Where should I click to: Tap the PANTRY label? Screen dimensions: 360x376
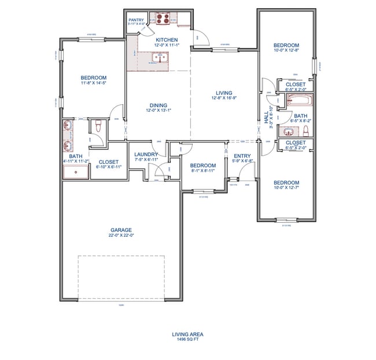pyautogui.click(x=136, y=20)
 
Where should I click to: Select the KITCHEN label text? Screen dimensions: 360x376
pyautogui.click(x=158, y=39)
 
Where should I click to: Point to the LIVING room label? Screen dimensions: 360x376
pyautogui.click(x=224, y=93)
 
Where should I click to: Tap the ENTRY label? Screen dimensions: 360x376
pyautogui.click(x=242, y=156)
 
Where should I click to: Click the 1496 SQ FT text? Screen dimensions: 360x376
pyautogui.click(x=188, y=340)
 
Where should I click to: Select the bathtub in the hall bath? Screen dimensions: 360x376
pyautogui.click(x=300, y=101)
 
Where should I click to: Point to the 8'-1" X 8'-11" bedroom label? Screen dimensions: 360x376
pyautogui.click(x=203, y=171)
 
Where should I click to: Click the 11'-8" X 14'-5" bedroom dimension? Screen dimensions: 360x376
pyautogui.click(x=93, y=83)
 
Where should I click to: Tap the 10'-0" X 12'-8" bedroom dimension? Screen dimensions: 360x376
pyautogui.click(x=286, y=51)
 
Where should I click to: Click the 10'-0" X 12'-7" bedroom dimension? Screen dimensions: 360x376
pyautogui.click(x=286, y=187)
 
